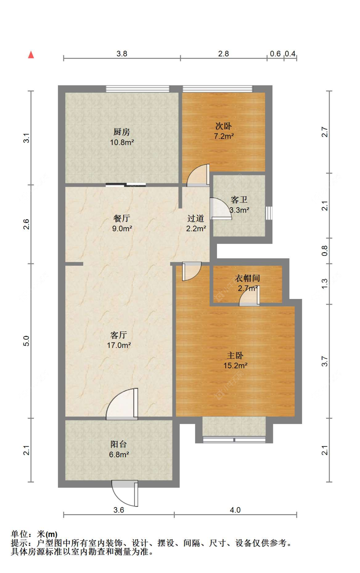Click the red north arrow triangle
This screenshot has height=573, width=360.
(x=31, y=55)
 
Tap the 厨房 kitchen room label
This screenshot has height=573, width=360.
(x=122, y=132)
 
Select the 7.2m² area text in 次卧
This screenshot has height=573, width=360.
(x=224, y=136)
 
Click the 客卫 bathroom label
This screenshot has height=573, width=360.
(x=239, y=200)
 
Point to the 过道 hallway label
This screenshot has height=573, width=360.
(x=196, y=218)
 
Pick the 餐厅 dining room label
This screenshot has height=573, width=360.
(x=122, y=218)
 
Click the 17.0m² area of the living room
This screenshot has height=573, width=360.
(x=119, y=345)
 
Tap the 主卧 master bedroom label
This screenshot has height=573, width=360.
(x=235, y=356)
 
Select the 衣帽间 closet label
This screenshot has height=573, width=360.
(x=247, y=278)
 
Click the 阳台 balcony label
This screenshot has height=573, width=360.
(x=119, y=444)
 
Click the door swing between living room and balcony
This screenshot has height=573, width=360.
(x=122, y=403)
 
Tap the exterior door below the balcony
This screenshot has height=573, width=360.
(x=125, y=493)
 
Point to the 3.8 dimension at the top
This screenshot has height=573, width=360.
(x=122, y=54)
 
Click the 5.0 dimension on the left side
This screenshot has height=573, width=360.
(x=26, y=341)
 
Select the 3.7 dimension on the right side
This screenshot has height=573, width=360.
(x=324, y=361)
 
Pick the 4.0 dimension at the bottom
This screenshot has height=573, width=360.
(x=235, y=510)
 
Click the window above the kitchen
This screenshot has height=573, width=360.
(x=138, y=89)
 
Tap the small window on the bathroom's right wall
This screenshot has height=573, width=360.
(x=269, y=213)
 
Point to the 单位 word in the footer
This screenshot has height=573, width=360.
(x=19, y=534)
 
